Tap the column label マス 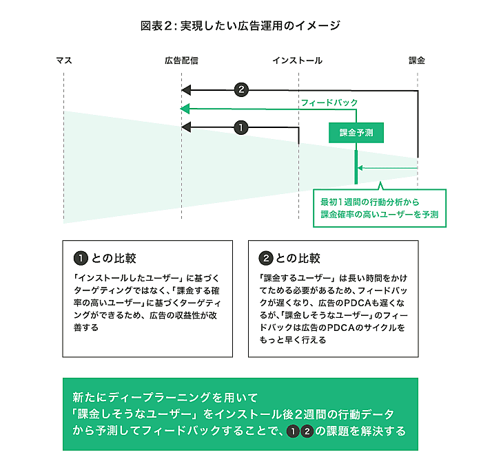point(63,61)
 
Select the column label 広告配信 point(181,61)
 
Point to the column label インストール point(297,61)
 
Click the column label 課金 point(417,61)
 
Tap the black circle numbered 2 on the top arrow point(240,89)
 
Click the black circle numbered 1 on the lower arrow point(240,127)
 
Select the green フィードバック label point(329,102)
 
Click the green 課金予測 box point(356,133)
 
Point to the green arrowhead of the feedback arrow point(185,109)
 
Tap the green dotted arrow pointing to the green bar point(386,167)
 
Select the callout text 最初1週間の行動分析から point(369,202)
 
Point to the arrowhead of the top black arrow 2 point(185,89)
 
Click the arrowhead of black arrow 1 point(185,127)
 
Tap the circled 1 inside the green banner point(292,431)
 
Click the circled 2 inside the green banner point(307,431)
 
